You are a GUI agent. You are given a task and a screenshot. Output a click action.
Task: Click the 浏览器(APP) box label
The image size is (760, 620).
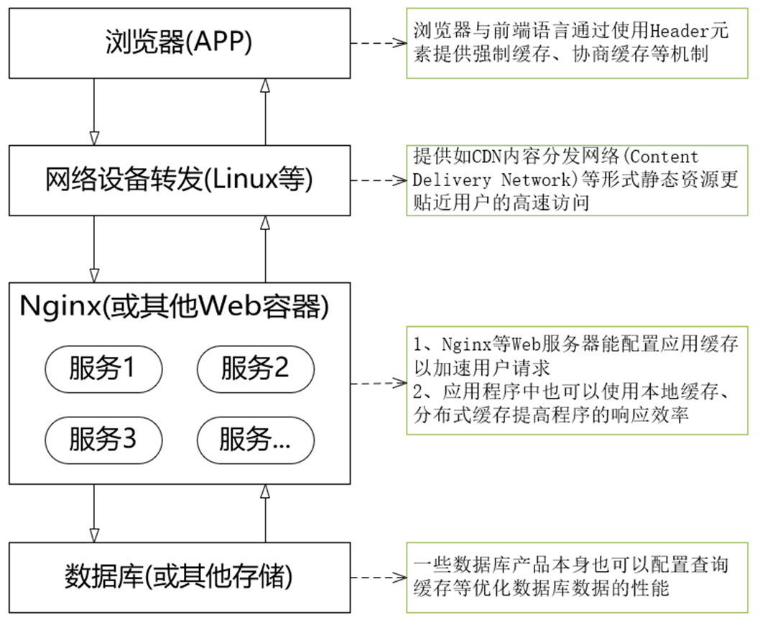[x=179, y=43]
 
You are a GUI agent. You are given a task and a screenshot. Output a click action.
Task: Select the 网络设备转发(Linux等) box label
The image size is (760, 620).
[x=179, y=180]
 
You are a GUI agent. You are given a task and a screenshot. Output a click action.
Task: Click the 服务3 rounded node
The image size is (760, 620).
[x=103, y=438]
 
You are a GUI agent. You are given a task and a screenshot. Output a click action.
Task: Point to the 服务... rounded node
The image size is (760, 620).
[x=255, y=438]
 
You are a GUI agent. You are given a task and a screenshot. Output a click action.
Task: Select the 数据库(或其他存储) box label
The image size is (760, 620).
[x=179, y=577]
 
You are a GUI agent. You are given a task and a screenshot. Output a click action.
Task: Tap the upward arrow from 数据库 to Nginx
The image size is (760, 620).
[x=265, y=513]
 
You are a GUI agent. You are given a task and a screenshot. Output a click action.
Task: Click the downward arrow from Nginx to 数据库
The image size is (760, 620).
[x=94, y=513]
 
